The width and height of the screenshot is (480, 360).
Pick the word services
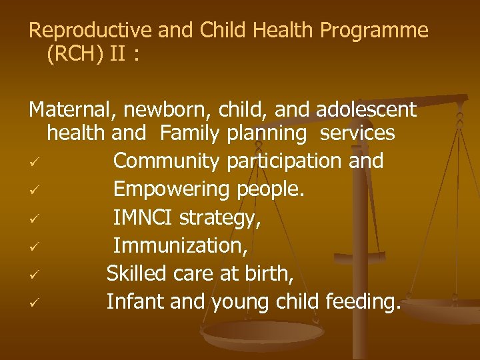357,133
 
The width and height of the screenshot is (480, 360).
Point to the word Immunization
181,247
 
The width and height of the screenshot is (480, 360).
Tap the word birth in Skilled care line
270,275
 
